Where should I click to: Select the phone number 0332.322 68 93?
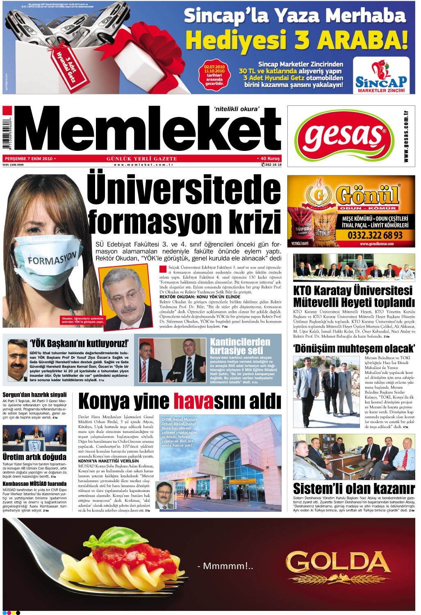pyautogui.click(x=375, y=235)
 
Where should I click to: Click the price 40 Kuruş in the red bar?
pyautogui.click(x=269, y=159)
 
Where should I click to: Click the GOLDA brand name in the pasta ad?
pyautogui.click(x=338, y=561)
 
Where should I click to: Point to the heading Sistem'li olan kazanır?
pyautogui.click(x=353, y=488)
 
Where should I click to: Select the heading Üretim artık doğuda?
pyautogui.click(x=34, y=457)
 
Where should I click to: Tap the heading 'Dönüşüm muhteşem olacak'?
pyautogui.click(x=354, y=348)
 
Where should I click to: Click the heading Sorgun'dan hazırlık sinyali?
pyautogui.click(x=34, y=395)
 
